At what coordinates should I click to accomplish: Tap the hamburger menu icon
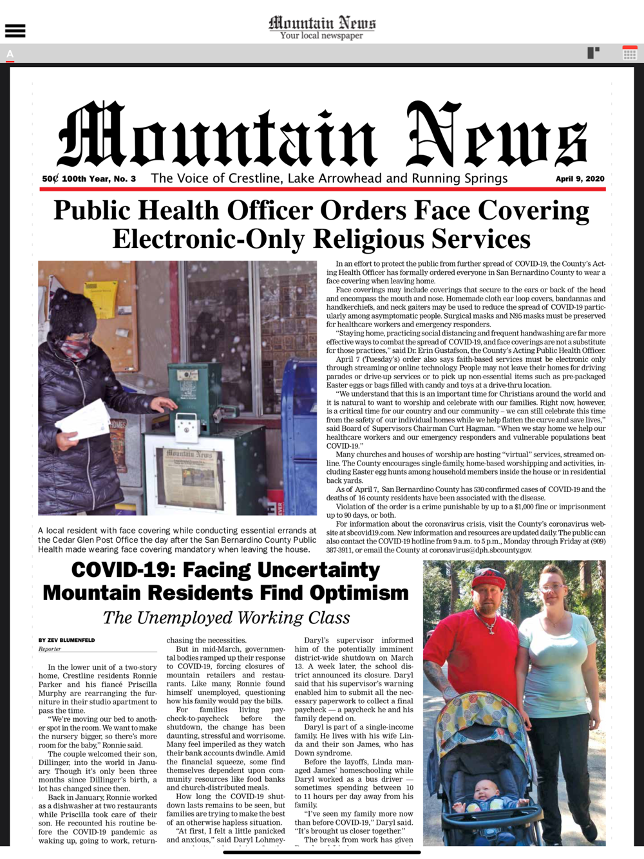[15, 30]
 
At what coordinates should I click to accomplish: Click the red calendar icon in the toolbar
[629, 53]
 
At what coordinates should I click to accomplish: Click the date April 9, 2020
[580, 178]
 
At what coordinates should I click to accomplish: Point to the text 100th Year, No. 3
[99, 178]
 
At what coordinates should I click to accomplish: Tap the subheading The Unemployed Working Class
[226, 618]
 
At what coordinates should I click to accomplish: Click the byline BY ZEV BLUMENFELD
[66, 640]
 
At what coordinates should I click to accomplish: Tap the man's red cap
[489, 578]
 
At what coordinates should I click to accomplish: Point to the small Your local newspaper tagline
[321, 35]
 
